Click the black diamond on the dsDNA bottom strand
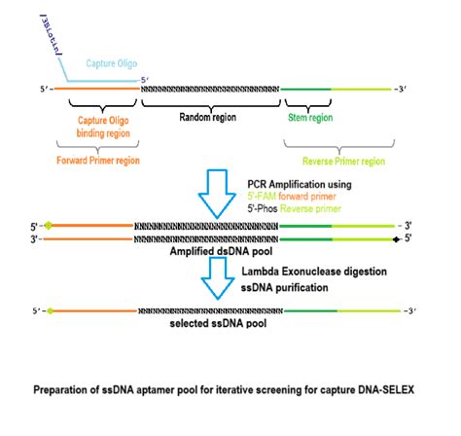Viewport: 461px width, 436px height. (396, 236)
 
